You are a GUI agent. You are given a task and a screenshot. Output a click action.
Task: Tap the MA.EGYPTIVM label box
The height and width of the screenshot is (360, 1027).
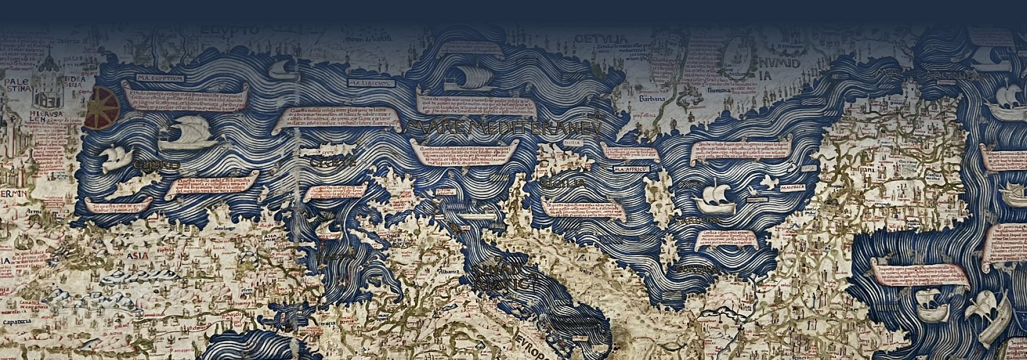click(x=161, y=78)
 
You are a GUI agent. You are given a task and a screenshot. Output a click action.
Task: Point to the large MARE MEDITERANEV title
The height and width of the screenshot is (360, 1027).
click(x=503, y=128)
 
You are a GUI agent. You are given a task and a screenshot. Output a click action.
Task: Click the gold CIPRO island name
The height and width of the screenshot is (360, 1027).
click(x=156, y=165)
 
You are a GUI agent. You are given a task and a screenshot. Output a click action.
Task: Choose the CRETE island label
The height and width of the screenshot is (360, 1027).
click(x=333, y=162)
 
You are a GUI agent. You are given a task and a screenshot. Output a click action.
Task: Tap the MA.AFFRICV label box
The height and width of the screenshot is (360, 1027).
click(x=631, y=169)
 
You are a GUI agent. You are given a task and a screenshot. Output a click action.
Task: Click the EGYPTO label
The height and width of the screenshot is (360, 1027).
click(x=230, y=31)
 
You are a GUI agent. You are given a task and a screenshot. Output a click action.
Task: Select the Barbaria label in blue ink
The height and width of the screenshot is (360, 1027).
click(x=651, y=99)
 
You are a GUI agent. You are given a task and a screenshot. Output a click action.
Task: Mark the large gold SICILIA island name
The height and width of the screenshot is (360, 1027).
click(x=563, y=184)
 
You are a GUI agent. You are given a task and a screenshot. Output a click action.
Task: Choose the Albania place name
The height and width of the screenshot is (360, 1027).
click(x=449, y=271)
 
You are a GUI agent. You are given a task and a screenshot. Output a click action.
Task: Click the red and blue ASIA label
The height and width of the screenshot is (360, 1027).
click(x=137, y=255)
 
